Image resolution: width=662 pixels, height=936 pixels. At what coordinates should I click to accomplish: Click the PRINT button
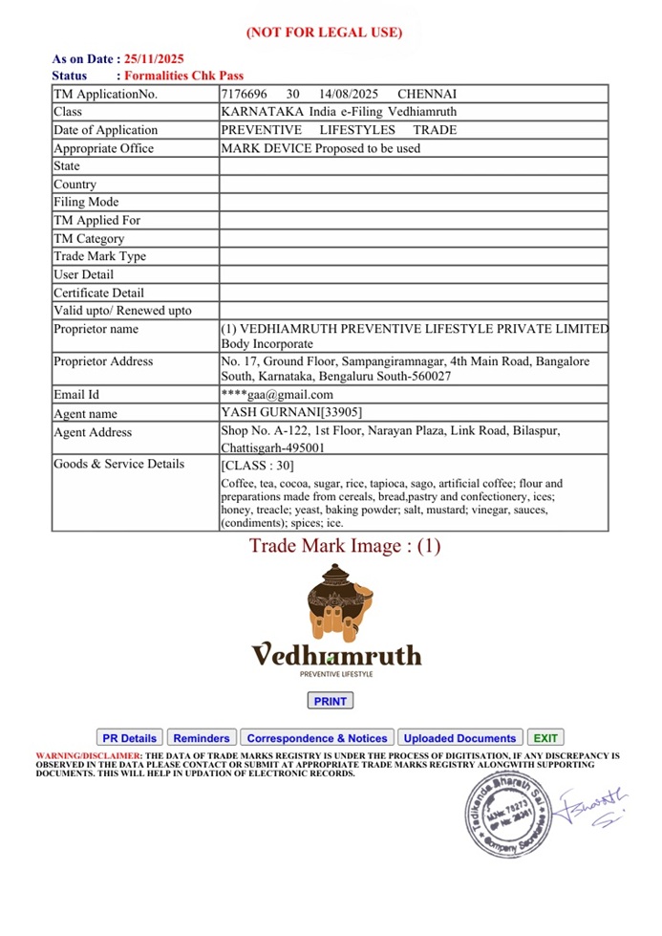click(x=331, y=701)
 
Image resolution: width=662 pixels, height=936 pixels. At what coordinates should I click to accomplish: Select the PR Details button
click(x=129, y=738)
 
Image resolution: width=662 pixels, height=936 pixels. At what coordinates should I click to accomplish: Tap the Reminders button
click(x=202, y=738)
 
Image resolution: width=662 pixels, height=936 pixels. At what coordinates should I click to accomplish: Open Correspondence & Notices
click(x=316, y=738)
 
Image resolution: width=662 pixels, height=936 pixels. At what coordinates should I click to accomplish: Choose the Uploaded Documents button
click(x=459, y=738)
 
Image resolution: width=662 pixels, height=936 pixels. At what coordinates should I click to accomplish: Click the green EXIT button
click(x=545, y=738)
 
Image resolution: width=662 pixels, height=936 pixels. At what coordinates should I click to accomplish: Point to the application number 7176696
click(x=245, y=94)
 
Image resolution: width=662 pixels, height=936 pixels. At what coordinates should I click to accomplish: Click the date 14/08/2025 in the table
click(x=350, y=94)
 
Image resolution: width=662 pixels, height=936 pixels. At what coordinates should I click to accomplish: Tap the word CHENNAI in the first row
click(x=427, y=94)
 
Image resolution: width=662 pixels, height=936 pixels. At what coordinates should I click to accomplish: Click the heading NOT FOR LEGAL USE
click(x=324, y=33)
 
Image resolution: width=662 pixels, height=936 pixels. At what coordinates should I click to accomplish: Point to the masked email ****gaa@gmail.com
click(x=277, y=394)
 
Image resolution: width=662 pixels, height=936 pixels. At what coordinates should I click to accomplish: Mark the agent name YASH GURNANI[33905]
click(x=291, y=413)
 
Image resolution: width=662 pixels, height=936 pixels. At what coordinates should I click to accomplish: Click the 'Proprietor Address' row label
click(x=103, y=361)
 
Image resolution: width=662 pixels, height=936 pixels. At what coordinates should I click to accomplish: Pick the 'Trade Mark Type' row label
click(x=99, y=256)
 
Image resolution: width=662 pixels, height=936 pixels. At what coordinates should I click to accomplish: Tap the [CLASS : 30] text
click(x=258, y=466)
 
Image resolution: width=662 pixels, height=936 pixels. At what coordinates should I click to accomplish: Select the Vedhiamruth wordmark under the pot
click(x=335, y=655)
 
